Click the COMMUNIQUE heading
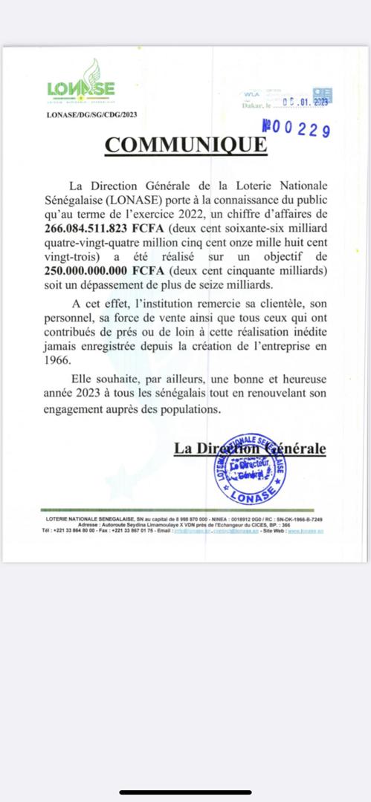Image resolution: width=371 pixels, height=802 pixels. tap(184, 144)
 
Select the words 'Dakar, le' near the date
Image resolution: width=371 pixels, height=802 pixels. tap(257, 108)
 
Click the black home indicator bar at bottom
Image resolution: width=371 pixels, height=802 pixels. tap(185, 792)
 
